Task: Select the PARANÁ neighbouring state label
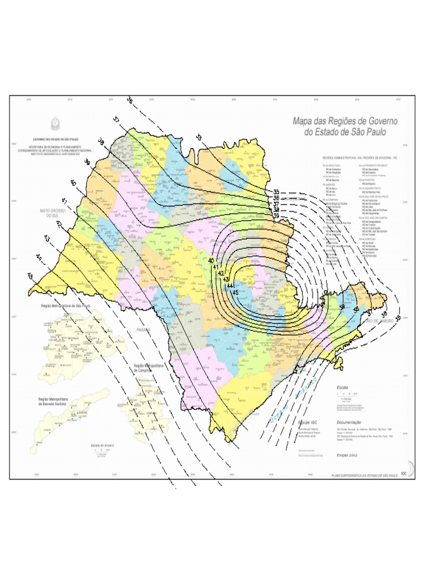(x=143, y=330)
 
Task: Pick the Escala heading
(x=343, y=387)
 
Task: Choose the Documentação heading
(x=349, y=423)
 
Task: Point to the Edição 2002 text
(x=346, y=455)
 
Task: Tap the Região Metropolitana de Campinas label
(x=150, y=368)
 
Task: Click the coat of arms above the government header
(x=55, y=124)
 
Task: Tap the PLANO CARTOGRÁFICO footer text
(x=364, y=475)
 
